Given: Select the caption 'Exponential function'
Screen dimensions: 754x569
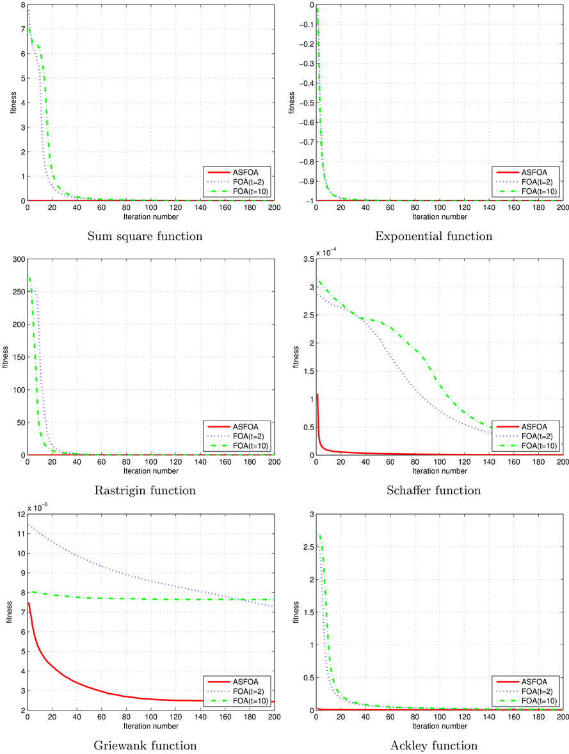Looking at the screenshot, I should click(x=434, y=236).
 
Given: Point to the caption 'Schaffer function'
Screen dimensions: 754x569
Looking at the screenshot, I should click(x=434, y=491).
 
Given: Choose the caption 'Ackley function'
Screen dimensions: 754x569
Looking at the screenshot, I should click(x=434, y=746).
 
